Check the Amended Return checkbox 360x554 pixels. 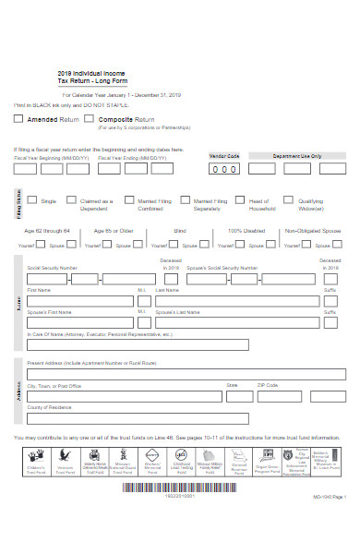point(19,119)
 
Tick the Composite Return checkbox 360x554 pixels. point(90,119)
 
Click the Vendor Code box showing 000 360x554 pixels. point(225,169)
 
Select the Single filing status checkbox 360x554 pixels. point(31,199)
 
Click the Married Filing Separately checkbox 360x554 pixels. point(185,199)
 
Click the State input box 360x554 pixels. point(236,394)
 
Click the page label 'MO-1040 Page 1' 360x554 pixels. point(329,523)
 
